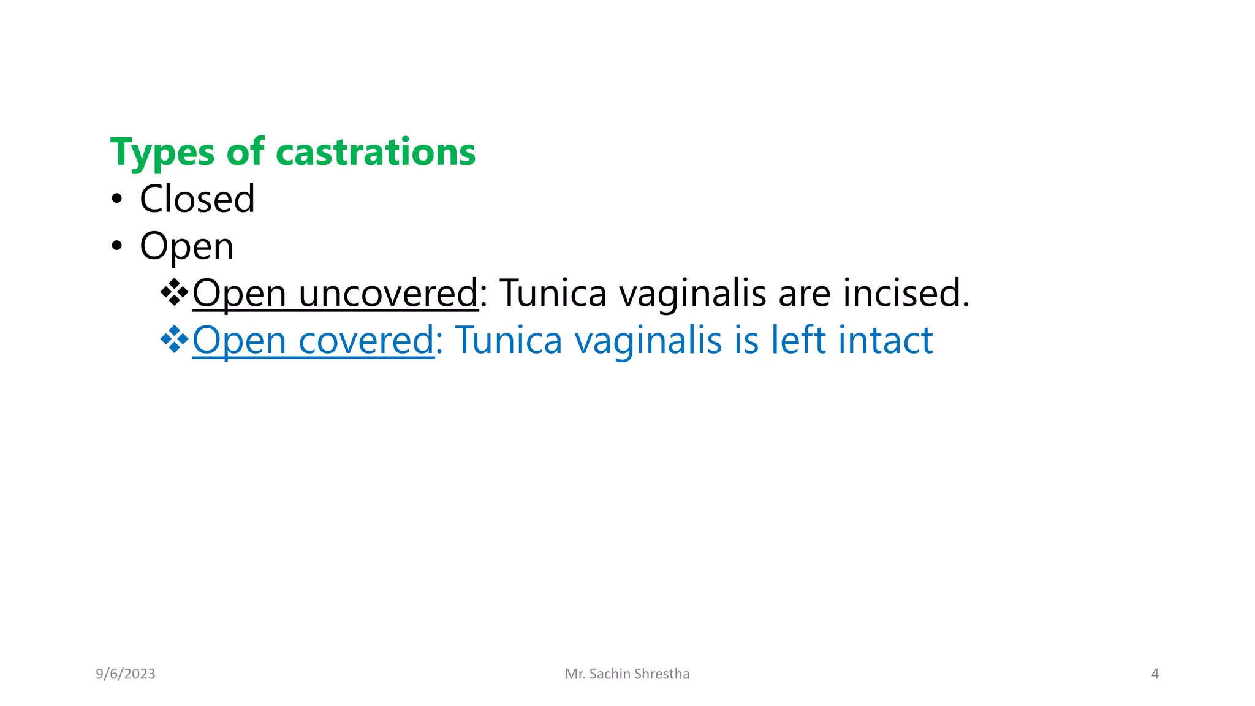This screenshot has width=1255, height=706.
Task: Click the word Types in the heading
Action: pyautogui.click(x=162, y=153)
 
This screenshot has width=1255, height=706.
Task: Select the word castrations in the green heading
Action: pyautogui.click(x=375, y=152)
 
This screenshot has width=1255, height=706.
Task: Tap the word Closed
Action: pyautogui.click(x=197, y=199)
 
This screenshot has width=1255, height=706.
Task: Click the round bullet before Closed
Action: pyautogui.click(x=117, y=200)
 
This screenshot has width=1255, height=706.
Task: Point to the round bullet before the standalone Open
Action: pyautogui.click(x=117, y=246)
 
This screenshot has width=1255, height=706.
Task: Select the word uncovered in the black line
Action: pyautogui.click(x=388, y=294)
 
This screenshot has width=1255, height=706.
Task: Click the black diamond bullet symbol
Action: pyautogui.click(x=174, y=292)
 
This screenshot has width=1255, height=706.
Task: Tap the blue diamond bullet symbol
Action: pyautogui.click(x=174, y=340)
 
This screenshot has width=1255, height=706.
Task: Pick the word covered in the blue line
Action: pyautogui.click(x=366, y=341)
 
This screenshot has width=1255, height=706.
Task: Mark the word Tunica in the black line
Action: pyautogui.click(x=553, y=293)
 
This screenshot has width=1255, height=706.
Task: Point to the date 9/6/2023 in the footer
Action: pyautogui.click(x=126, y=674)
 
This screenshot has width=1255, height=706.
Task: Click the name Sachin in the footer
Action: pyautogui.click(x=610, y=674)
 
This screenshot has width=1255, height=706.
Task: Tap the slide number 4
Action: pyautogui.click(x=1155, y=674)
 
